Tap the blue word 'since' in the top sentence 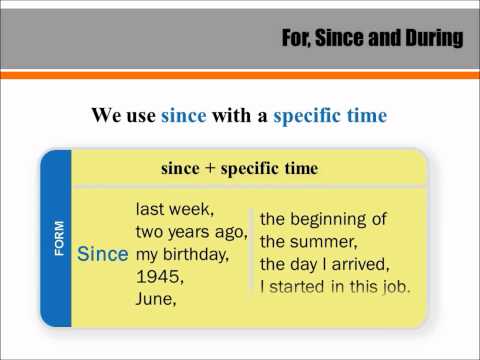[183, 116]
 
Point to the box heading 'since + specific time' [239, 168]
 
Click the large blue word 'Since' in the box [103, 254]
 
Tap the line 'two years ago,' [190, 232]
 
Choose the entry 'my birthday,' [181, 254]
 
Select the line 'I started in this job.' [335, 288]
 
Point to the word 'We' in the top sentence [107, 116]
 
